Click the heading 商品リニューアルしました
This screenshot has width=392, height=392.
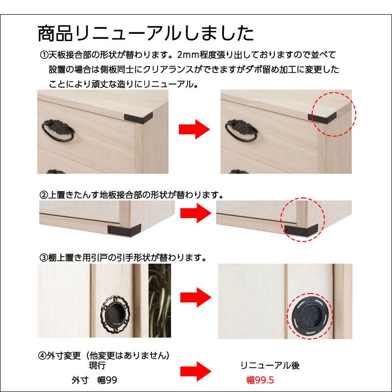pos(146,33)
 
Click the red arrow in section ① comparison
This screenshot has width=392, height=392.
pos(194,130)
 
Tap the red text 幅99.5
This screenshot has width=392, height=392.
pos(260,380)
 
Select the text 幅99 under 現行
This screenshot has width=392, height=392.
pos(106,380)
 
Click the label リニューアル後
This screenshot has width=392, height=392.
pos(270,366)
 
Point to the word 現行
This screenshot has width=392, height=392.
pos(97,366)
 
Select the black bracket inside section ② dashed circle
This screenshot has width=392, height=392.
pos(299,228)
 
